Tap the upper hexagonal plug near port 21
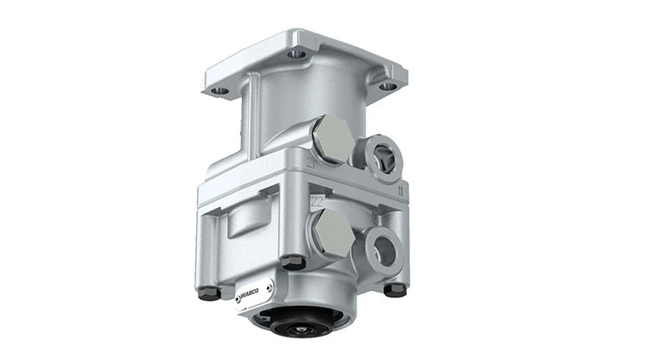332,139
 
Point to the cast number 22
317,200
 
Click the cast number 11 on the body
402,191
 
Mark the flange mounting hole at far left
219,89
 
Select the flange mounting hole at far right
387,84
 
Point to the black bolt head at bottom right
395,289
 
